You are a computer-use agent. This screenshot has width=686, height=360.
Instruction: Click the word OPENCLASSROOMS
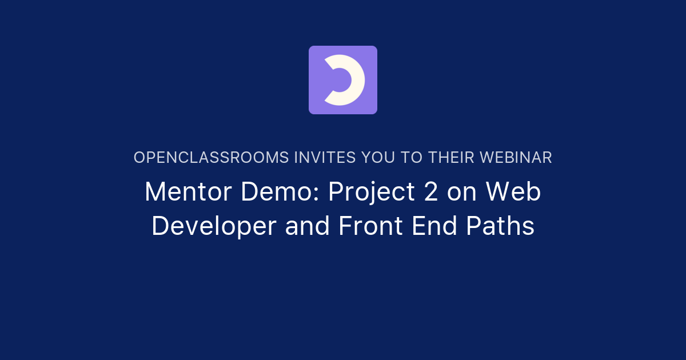click(211, 158)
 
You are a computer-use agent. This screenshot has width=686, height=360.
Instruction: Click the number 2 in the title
click(430, 193)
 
